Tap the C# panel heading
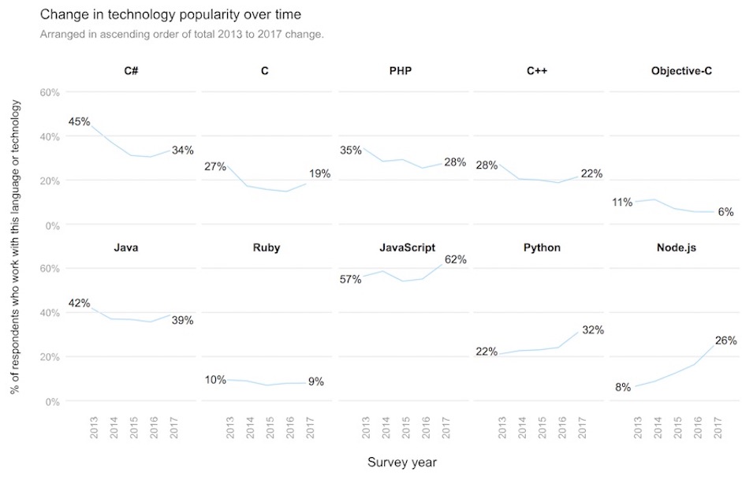pyautogui.click(x=131, y=71)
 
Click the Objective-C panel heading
pyautogui.click(x=680, y=71)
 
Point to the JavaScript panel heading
pyautogui.click(x=407, y=247)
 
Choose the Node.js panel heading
pyautogui.click(x=676, y=247)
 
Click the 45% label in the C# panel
pyautogui.click(x=79, y=121)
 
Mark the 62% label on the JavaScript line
pyautogui.click(x=455, y=259)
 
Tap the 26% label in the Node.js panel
pyautogui.click(x=725, y=341)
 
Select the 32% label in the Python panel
pyautogui.click(x=592, y=330)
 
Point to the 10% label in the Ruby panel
pyautogui.click(x=215, y=380)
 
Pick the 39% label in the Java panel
pyautogui.click(x=182, y=320)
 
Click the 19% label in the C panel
pyautogui.click(x=319, y=173)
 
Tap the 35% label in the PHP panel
pyautogui.click(x=351, y=150)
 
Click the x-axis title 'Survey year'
pyautogui.click(x=401, y=463)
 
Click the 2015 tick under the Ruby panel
pyautogui.click(x=269, y=426)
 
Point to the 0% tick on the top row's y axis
pyautogui.click(x=50, y=225)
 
